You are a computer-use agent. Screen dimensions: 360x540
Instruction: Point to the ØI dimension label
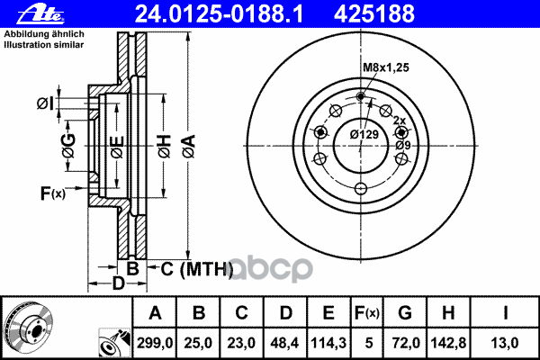(x=46, y=104)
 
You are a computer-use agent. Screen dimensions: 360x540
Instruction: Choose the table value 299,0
(x=155, y=342)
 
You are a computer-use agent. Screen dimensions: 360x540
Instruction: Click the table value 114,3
(x=328, y=342)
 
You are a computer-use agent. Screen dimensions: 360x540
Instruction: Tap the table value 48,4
(x=285, y=342)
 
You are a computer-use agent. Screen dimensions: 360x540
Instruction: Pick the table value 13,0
(x=507, y=342)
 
